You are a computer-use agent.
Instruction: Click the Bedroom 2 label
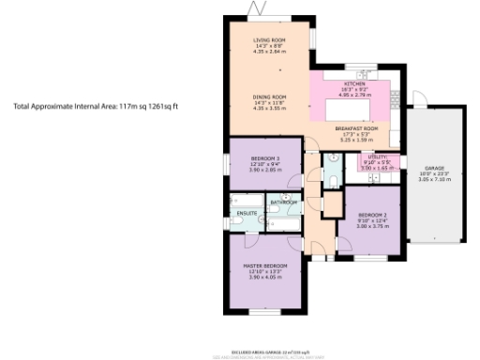pos(372,215)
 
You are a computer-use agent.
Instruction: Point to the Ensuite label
pos(247,214)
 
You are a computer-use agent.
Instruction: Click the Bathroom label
pos(283,202)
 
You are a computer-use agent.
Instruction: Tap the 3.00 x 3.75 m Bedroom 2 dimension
pos(372,226)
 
